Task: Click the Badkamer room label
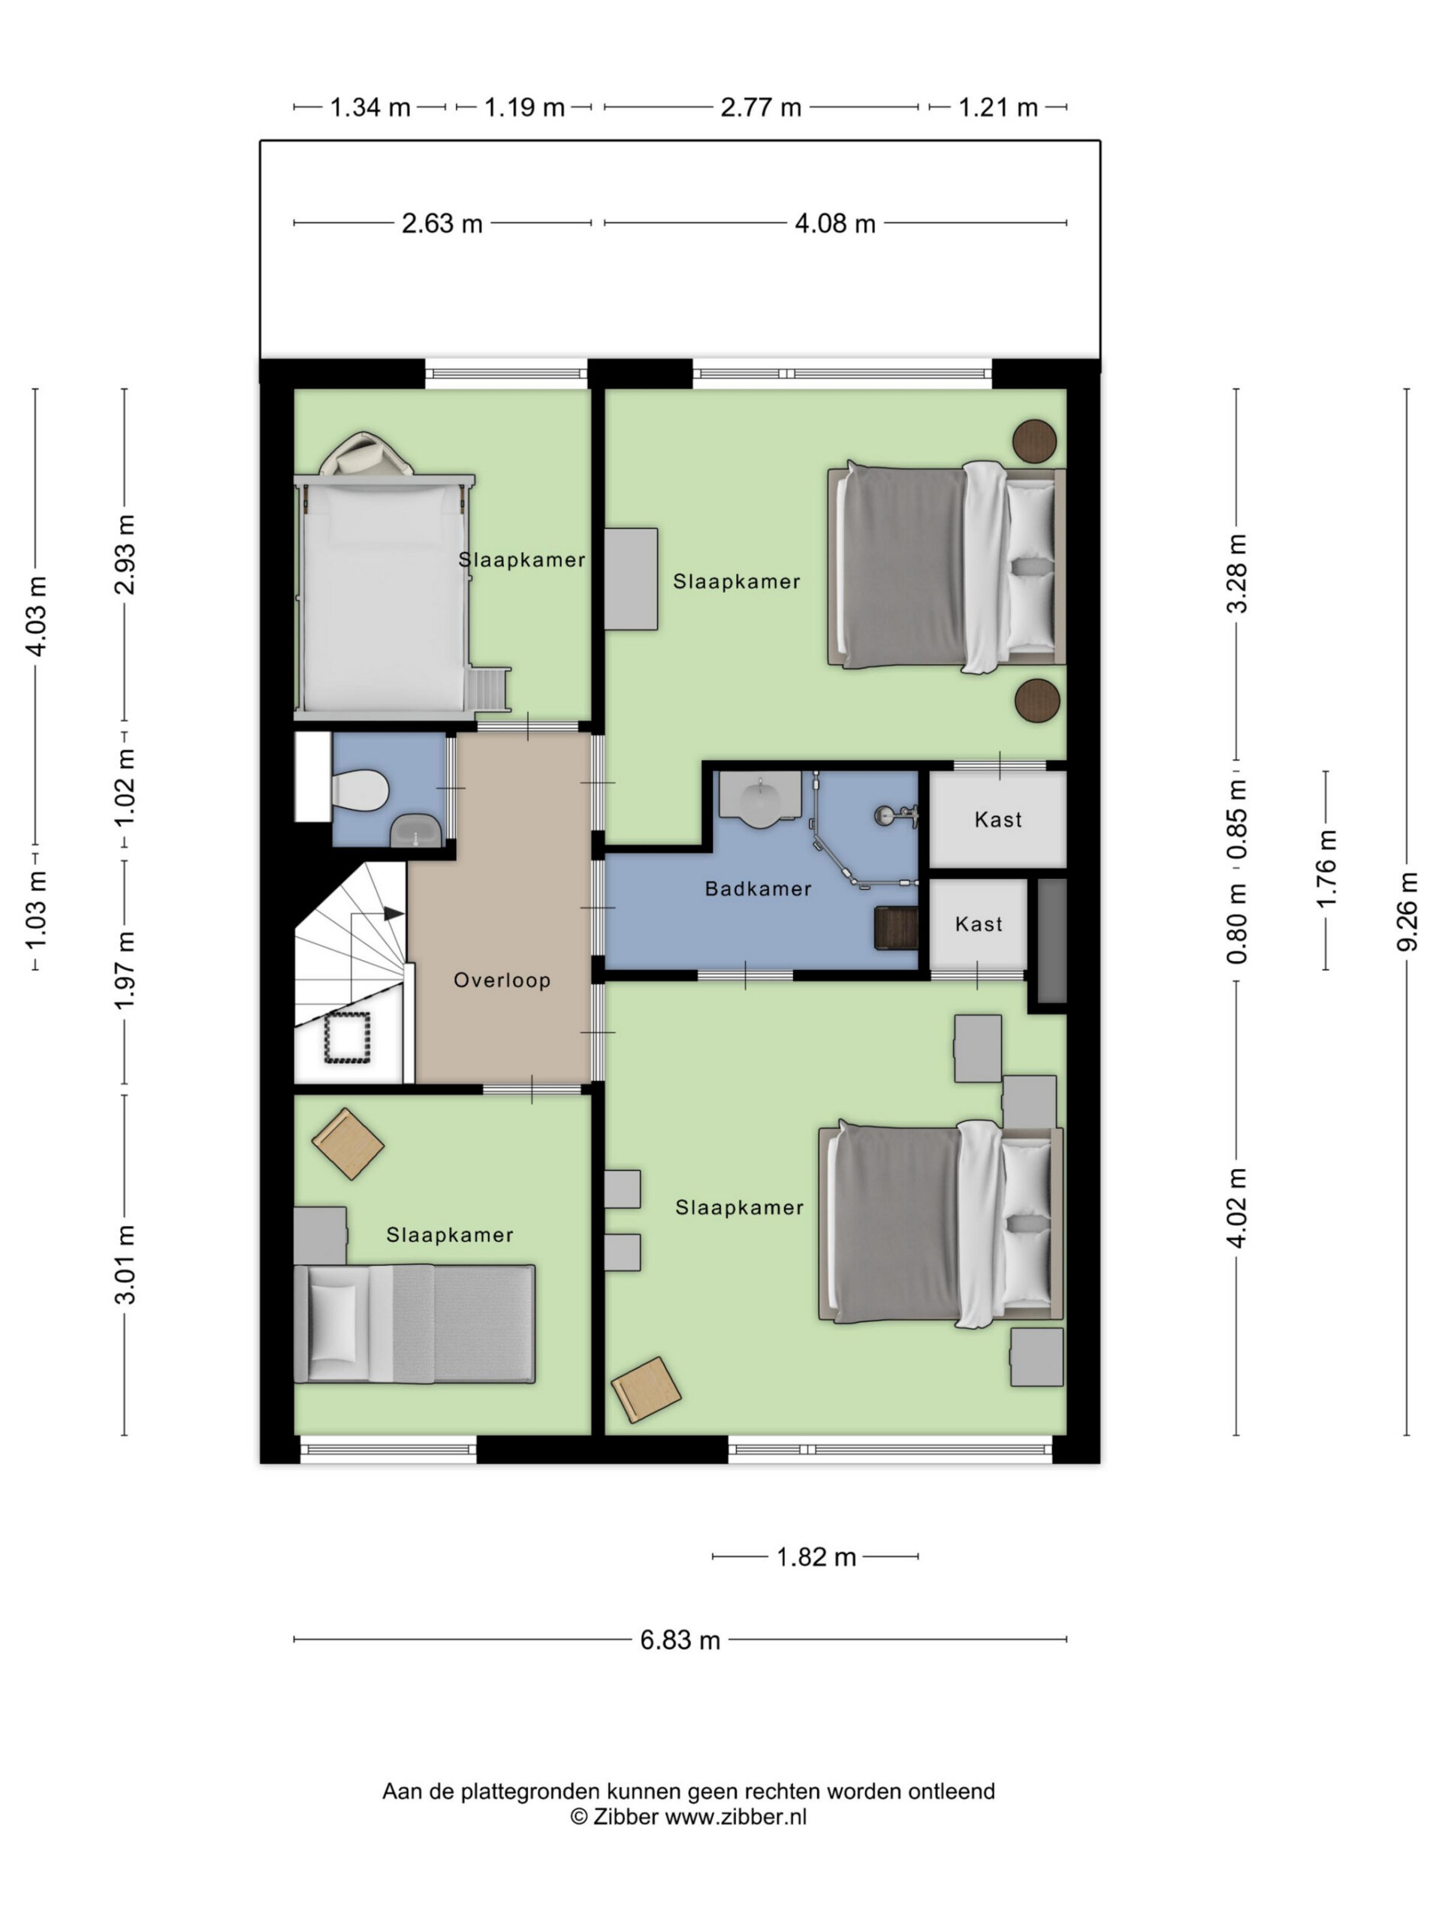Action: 758,888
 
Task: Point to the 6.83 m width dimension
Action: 680,1640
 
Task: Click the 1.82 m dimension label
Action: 816,1556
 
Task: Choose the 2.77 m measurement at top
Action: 761,107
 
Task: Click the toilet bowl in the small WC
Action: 360,791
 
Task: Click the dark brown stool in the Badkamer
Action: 896,929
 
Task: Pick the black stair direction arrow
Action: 394,913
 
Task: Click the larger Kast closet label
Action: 998,819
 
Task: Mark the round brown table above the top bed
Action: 1034,441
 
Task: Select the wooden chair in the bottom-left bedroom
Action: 348,1143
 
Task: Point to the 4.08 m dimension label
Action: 834,223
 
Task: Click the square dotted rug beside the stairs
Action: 348,1038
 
